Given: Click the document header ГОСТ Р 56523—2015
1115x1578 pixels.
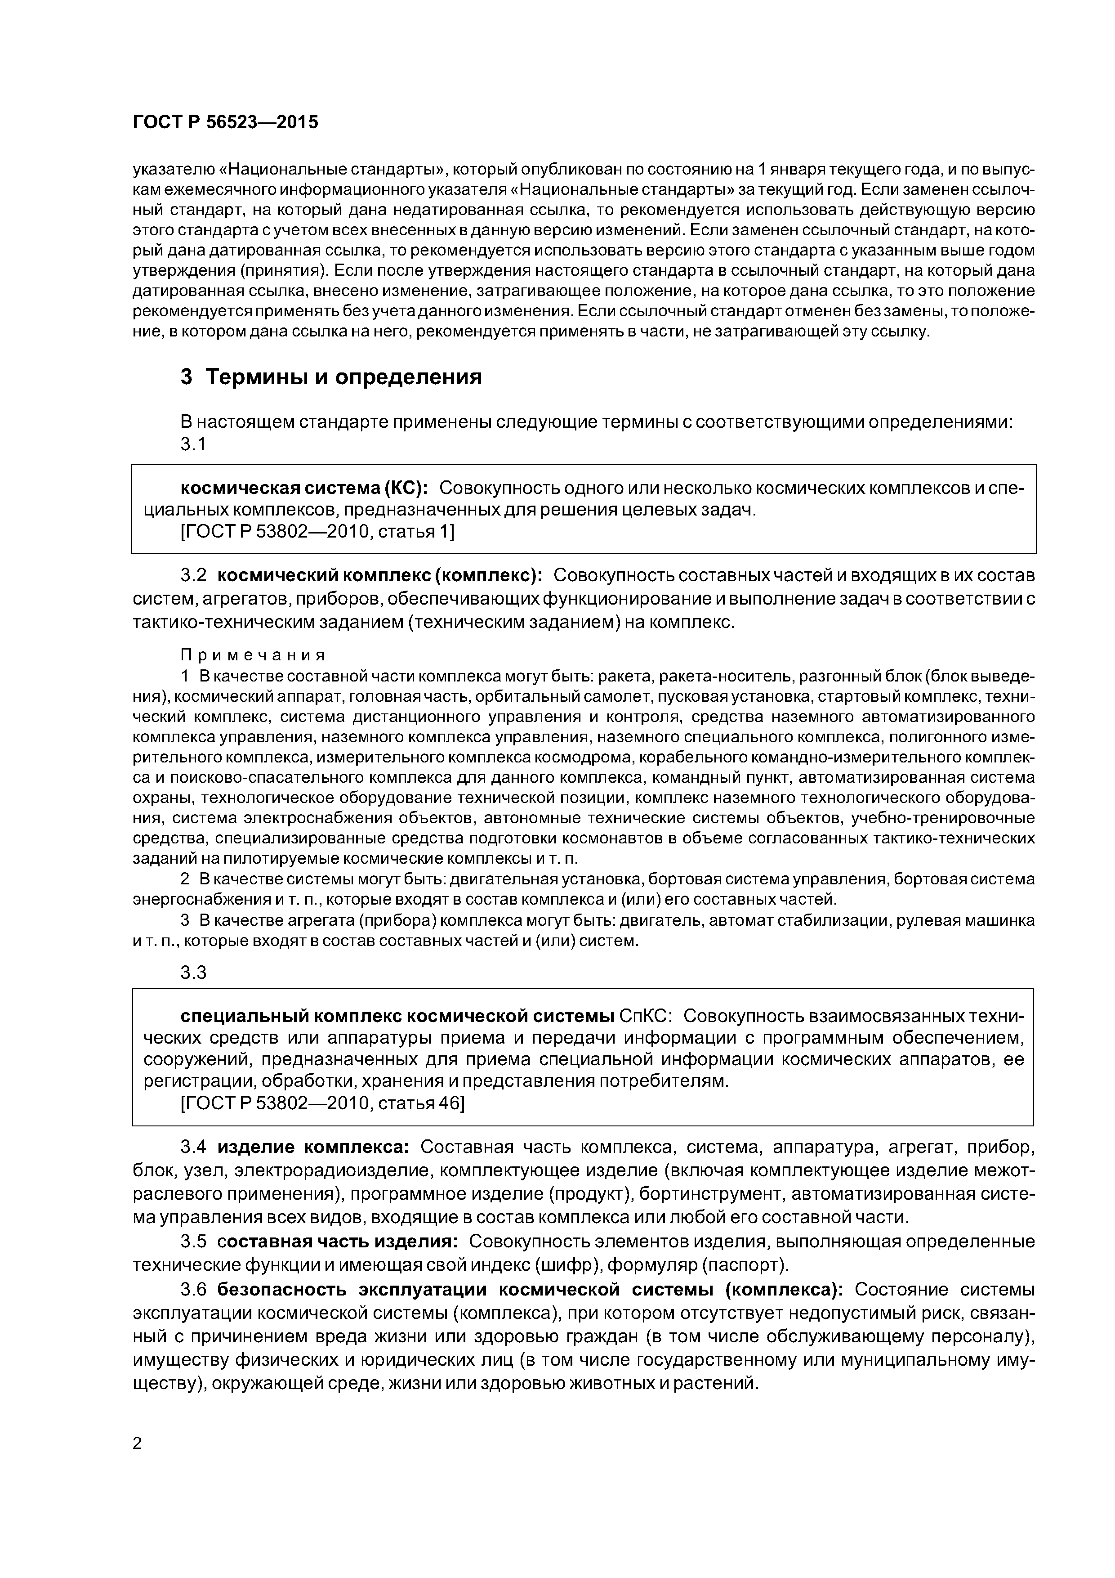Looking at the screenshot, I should coord(225,122).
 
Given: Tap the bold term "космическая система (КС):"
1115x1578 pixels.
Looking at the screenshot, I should coord(303,488).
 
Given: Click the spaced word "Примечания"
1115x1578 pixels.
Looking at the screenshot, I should coord(253,655).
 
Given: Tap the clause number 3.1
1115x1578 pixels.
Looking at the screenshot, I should coord(193,445).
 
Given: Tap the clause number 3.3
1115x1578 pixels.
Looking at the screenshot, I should coord(193,973).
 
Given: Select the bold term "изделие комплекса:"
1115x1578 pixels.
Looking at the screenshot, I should coord(313,1147).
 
